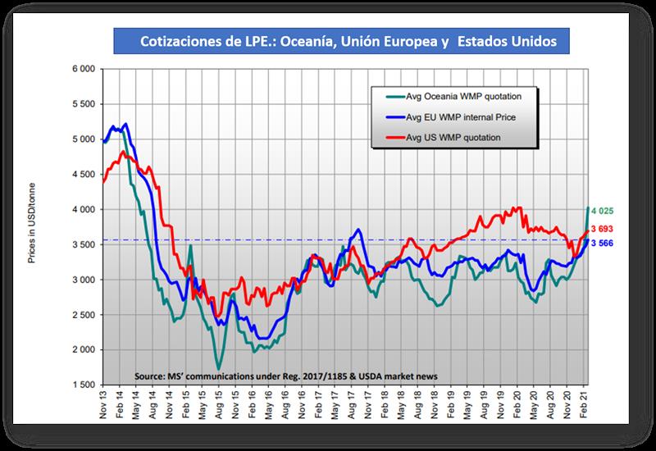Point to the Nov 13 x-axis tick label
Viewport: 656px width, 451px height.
104,403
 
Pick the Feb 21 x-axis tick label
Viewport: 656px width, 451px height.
583,403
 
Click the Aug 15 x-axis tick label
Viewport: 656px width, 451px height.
220,403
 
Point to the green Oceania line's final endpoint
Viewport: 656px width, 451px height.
587,208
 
